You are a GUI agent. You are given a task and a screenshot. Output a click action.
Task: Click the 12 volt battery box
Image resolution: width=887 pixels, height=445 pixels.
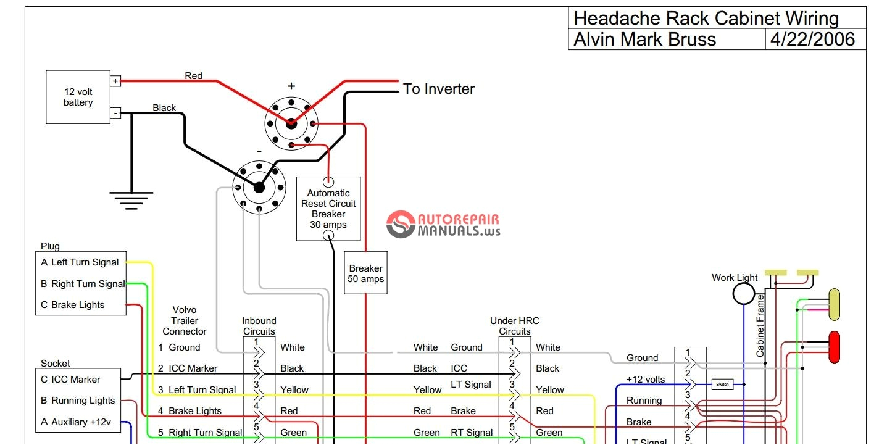tap(78, 97)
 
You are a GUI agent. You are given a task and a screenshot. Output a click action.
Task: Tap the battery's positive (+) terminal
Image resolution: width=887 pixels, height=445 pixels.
tap(115, 81)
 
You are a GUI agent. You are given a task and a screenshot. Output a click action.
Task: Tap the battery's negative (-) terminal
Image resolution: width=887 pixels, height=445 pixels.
tap(115, 113)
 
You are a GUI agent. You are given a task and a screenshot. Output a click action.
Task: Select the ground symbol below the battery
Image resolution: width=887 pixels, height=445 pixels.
tap(131, 201)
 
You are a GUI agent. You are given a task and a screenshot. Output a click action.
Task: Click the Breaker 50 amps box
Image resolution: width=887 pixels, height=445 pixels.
tap(365, 273)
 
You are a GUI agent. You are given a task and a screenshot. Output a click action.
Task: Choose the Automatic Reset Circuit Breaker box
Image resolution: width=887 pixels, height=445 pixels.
tap(328, 209)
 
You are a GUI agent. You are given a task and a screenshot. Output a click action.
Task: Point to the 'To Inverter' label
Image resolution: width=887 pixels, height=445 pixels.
tap(438, 89)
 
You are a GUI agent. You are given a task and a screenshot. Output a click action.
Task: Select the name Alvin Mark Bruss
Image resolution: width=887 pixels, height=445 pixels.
tap(645, 40)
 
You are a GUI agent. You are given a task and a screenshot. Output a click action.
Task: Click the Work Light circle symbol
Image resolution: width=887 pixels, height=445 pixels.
tap(743, 294)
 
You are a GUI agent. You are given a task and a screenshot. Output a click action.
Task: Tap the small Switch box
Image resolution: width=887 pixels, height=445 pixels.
tap(722, 384)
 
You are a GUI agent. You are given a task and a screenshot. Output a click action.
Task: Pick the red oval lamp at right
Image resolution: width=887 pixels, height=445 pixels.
tap(834, 346)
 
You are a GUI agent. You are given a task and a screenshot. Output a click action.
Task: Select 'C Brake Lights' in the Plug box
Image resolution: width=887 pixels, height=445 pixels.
tap(73, 305)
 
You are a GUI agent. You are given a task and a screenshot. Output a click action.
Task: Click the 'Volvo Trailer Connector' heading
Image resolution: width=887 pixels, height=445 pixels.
tap(185, 320)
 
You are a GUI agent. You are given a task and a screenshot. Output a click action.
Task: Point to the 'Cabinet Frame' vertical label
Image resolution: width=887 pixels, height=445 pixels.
tap(760, 325)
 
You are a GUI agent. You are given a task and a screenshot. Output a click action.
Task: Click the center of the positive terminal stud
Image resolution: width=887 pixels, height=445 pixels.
tap(291, 122)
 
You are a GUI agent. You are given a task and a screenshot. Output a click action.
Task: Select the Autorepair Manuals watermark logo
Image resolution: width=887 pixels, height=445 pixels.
tap(443, 225)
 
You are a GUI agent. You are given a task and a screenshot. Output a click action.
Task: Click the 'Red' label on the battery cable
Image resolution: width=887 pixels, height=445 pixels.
tap(193, 76)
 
